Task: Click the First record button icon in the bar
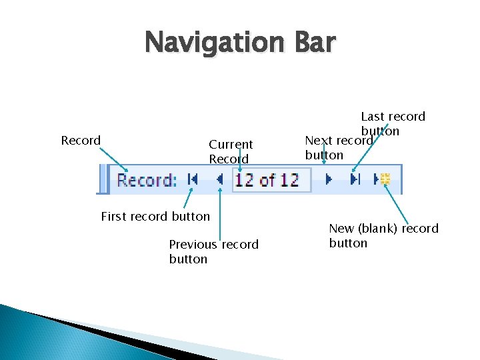(x=193, y=179)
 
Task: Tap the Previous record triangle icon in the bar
(x=219, y=179)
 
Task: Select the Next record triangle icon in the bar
(x=328, y=179)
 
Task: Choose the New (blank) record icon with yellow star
(x=383, y=179)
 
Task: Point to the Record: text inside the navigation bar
(x=147, y=180)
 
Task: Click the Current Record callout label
(x=231, y=151)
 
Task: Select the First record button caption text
(x=155, y=216)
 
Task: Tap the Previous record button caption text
(x=213, y=251)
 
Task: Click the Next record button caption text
(x=338, y=148)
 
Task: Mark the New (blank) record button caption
(x=383, y=235)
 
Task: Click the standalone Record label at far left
(x=81, y=141)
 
